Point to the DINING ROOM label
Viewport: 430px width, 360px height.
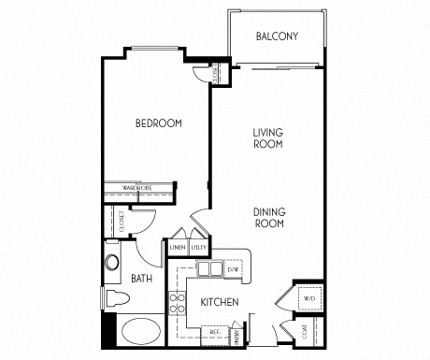point(268,218)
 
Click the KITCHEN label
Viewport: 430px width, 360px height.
point(220,302)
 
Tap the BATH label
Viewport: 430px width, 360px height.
point(142,278)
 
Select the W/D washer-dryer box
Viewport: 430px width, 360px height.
point(309,299)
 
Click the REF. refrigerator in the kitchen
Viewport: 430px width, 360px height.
point(215,332)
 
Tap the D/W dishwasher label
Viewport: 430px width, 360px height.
point(234,270)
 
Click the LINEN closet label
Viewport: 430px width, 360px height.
point(178,248)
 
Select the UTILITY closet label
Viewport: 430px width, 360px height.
point(198,248)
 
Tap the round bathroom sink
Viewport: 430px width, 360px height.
point(113,262)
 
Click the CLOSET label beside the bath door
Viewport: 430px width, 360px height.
point(122,223)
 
